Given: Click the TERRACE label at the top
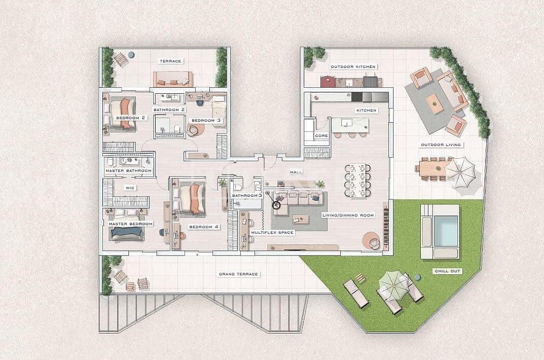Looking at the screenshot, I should [x=170, y=61].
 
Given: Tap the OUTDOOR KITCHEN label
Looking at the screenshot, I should [x=353, y=66].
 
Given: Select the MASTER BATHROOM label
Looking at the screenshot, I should [x=128, y=171].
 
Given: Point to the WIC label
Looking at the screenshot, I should [x=130, y=188].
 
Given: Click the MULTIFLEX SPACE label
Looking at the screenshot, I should [x=272, y=233].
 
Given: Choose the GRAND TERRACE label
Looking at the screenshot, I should [x=238, y=274].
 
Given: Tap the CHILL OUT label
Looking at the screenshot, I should [x=448, y=271].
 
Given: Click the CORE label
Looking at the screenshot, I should [x=321, y=136].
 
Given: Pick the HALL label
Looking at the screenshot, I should [x=296, y=172].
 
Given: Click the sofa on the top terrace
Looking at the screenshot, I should [x=173, y=80].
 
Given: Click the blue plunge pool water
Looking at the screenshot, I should [x=446, y=230].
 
